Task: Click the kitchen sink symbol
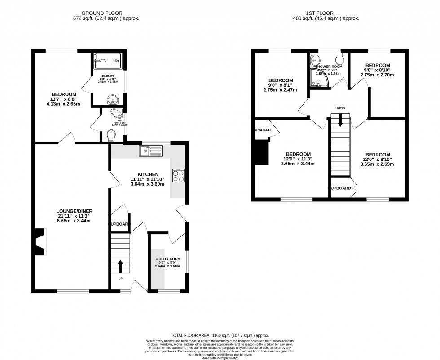[x=151, y=151]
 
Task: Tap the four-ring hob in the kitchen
[x=178, y=175]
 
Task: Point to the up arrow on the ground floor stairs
[x=120, y=266]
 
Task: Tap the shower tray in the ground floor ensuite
[x=107, y=61]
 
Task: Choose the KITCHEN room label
[x=148, y=174]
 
